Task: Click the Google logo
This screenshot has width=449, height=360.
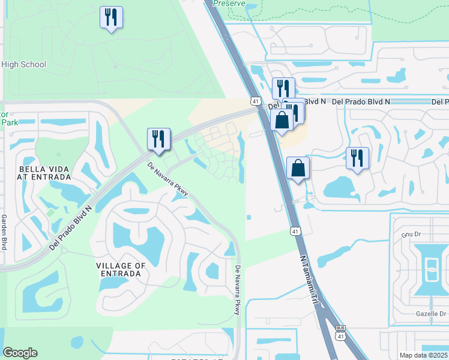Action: [x=20, y=353]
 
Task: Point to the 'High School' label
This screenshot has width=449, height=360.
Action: [x=24, y=65]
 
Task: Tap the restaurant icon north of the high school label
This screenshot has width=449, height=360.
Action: [x=111, y=17]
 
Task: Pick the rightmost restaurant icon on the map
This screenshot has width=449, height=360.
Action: [x=358, y=158]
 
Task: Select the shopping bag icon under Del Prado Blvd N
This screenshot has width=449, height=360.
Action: [x=282, y=119]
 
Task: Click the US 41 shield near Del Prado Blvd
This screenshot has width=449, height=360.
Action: [x=256, y=101]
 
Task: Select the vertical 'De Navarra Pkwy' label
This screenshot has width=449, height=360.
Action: [x=238, y=290]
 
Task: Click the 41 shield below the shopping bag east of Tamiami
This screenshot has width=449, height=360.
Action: [x=295, y=230]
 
